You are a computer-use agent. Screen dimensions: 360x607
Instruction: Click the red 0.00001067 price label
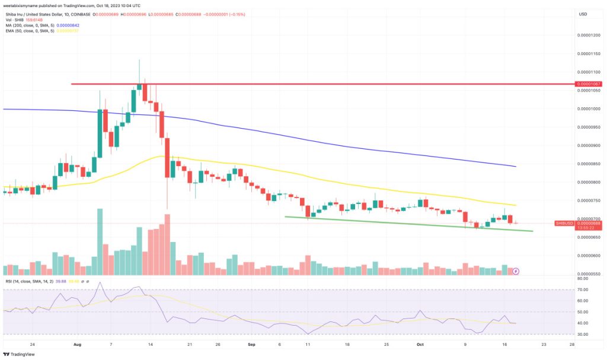(589, 84)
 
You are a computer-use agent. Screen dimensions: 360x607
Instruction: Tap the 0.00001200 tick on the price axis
(589, 35)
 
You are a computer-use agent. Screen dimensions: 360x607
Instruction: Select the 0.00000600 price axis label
(589, 256)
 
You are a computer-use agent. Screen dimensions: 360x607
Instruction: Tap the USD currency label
(583, 14)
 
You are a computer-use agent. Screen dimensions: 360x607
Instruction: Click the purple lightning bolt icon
(515, 271)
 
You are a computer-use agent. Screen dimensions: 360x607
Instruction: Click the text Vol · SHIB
(15, 18)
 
